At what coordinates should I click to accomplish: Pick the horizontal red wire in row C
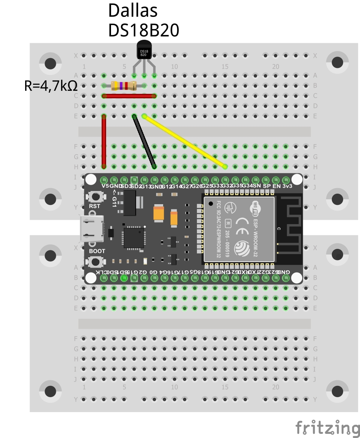click(x=129, y=96)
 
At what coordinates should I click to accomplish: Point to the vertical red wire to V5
click(x=104, y=141)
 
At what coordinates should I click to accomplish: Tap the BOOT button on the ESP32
click(x=96, y=262)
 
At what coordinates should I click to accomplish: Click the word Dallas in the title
click(x=133, y=11)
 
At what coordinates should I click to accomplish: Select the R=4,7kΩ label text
click(x=51, y=86)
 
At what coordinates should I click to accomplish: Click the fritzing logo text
click(x=327, y=428)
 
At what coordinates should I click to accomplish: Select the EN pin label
click(x=276, y=186)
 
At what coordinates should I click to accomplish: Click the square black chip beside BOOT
click(x=134, y=237)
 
